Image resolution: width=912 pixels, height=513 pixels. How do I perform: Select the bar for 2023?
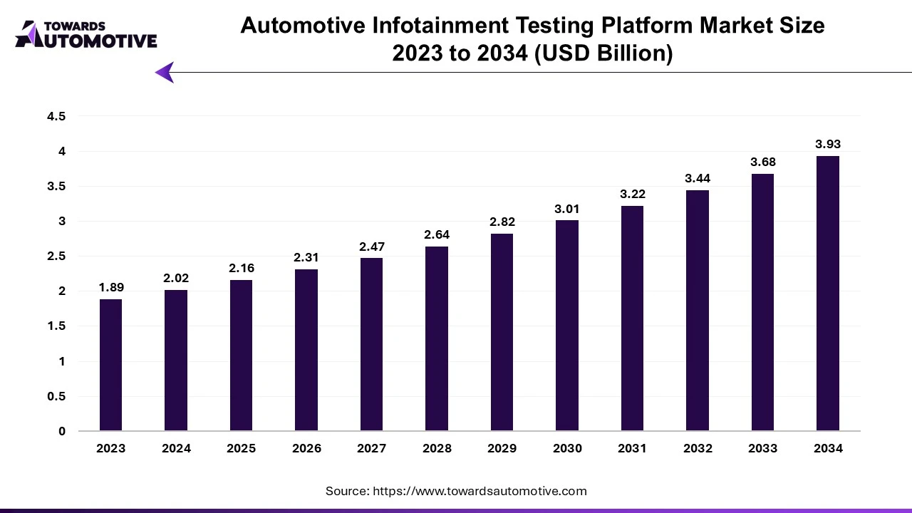(110, 365)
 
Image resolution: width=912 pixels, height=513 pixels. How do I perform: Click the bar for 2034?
(828, 293)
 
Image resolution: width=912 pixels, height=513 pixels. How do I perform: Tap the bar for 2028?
(437, 338)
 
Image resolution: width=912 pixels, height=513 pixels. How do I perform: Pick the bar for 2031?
(632, 318)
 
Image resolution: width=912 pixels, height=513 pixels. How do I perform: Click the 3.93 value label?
(828, 144)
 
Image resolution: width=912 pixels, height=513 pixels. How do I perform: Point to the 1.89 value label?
(111, 287)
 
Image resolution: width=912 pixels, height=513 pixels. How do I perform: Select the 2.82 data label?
(502, 222)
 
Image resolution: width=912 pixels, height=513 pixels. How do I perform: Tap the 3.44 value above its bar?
(698, 178)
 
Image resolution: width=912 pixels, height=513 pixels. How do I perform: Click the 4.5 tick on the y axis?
(56, 116)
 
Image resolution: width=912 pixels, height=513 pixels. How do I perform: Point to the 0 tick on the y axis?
(62, 431)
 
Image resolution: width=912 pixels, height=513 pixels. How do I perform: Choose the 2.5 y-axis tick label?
(56, 256)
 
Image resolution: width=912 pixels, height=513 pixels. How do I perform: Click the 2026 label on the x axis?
(306, 448)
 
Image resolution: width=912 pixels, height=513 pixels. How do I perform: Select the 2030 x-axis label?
(567, 448)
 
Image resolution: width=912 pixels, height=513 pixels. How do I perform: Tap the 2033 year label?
(762, 448)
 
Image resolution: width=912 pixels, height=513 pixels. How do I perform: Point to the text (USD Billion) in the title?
(603, 53)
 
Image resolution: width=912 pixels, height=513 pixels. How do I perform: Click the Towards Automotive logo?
(86, 34)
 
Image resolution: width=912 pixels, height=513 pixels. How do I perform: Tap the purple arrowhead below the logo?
(165, 73)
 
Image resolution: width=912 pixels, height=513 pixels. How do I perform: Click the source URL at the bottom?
(480, 491)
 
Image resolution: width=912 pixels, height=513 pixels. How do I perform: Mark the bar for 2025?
(241, 356)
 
